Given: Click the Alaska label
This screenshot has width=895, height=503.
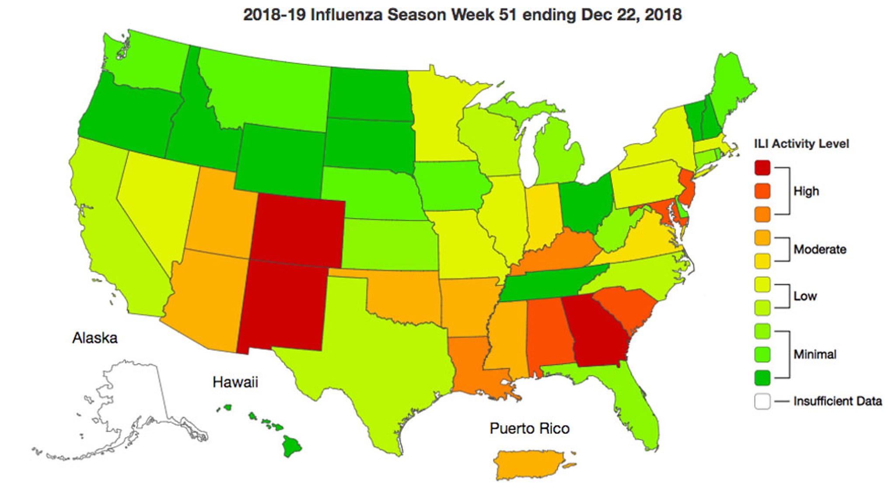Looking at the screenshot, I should [x=95, y=338].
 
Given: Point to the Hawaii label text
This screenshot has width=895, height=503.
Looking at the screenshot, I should [x=235, y=382].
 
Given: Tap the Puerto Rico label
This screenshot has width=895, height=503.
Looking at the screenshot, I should [x=529, y=428].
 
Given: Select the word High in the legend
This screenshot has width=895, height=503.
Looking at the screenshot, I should [x=806, y=191].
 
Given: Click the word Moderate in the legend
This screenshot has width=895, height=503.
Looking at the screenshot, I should [x=819, y=250].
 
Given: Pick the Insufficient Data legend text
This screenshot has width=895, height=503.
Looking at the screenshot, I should [x=837, y=401].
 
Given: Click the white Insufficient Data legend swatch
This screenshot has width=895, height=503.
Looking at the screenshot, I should [x=762, y=401].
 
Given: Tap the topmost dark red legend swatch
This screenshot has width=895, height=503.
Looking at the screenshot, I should [x=762, y=168].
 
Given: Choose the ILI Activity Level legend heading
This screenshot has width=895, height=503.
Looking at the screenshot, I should [x=801, y=144].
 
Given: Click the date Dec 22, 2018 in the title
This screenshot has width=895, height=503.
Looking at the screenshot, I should [x=631, y=15].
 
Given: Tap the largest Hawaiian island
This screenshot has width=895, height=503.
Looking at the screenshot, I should [x=291, y=446].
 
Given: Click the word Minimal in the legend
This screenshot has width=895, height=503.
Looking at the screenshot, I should [x=815, y=354].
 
